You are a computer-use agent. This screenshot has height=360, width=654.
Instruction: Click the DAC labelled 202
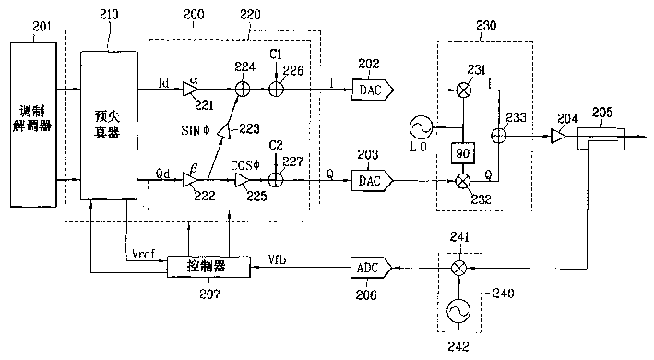pyautogui.click(x=371, y=89)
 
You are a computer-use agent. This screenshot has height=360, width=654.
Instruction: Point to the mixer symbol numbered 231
pyautogui.click(x=461, y=90)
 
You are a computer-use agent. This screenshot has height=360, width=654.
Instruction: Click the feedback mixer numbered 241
pyautogui.click(x=456, y=268)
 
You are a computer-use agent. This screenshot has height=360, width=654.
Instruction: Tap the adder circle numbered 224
pyautogui.click(x=241, y=90)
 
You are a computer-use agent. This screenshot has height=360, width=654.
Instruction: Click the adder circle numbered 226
pyautogui.click(x=277, y=90)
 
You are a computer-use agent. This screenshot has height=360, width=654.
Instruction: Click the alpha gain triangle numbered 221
pyautogui.click(x=189, y=90)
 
